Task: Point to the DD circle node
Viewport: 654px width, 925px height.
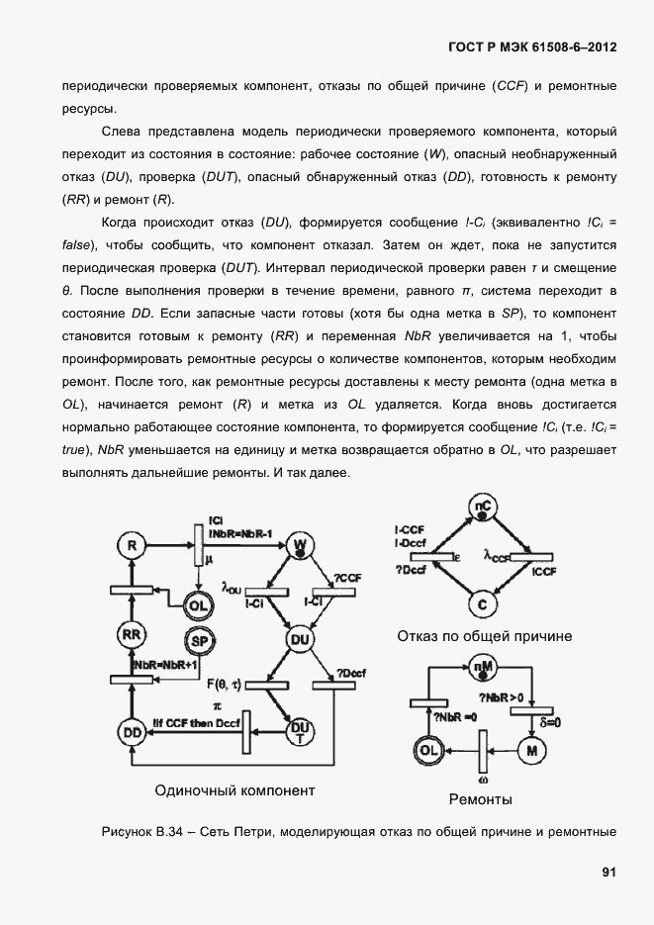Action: (x=131, y=733)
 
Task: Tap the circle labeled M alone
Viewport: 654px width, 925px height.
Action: (x=532, y=752)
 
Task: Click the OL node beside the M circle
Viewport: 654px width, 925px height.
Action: (x=428, y=752)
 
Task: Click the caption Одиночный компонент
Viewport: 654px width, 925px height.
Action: (x=234, y=790)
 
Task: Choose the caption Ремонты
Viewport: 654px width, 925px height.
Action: (x=480, y=798)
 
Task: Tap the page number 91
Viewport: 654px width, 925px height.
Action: (x=608, y=872)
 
